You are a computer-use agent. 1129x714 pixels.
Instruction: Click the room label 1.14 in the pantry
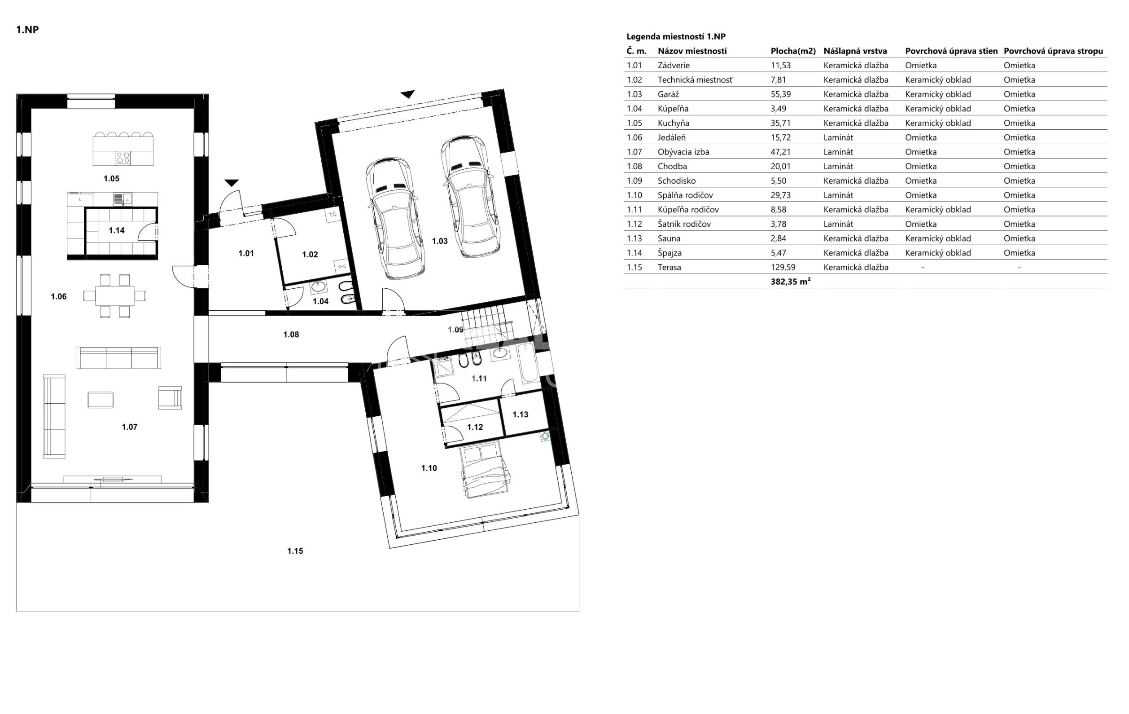pos(117,230)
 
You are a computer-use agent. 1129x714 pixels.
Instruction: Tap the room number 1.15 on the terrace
pos(295,551)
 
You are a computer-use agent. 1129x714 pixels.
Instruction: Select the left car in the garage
pos(396,219)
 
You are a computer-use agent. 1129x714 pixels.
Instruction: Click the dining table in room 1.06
pos(115,296)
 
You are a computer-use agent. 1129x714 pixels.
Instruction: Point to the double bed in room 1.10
pos(485,470)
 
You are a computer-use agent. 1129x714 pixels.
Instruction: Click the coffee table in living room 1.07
pos(101,400)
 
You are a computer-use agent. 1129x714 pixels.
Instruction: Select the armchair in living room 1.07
pos(170,398)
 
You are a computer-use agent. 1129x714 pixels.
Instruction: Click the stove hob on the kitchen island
pos(123,157)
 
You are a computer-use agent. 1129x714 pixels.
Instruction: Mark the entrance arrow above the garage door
pos(408,94)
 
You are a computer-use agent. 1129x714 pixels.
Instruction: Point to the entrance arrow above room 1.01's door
pos(232,183)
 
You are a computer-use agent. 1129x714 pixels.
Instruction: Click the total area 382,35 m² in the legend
pos(791,282)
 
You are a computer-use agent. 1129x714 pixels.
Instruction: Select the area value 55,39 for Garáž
pos(781,94)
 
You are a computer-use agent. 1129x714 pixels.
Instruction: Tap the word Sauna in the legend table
pos(669,238)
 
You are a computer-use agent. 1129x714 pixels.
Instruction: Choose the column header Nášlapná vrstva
pos(855,51)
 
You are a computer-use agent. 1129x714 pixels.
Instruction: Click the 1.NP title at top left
pos(27,30)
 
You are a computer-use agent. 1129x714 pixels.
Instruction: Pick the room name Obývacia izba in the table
pos(683,152)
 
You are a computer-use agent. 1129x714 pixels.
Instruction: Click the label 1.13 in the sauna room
pos(521,414)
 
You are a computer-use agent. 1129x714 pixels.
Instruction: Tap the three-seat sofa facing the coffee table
pos(119,357)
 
